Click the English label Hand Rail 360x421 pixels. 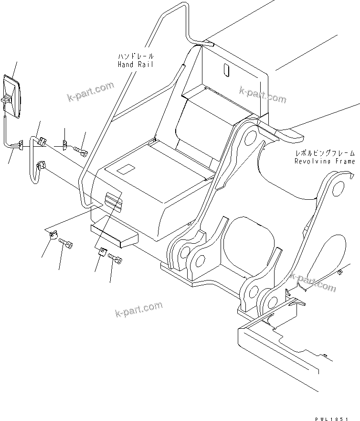[x=136, y=65]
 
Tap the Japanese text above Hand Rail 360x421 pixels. [x=136, y=56]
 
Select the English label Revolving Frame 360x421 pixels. [x=325, y=162]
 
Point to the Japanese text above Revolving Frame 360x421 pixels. [x=325, y=153]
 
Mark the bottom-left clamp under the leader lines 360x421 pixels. [x=53, y=235]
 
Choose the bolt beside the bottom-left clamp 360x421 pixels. [x=66, y=244]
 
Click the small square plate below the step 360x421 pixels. [x=101, y=252]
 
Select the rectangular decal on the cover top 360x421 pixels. [x=127, y=169]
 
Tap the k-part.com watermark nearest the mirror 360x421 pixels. [x=91, y=92]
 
